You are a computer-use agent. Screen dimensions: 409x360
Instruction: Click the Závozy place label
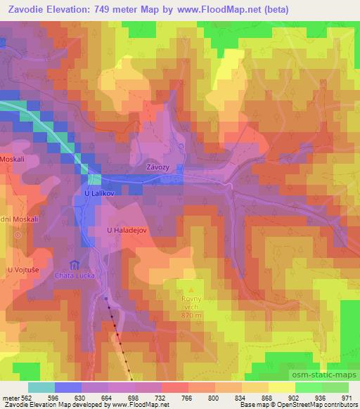point(157,168)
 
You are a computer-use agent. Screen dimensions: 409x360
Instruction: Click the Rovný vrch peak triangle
point(191,289)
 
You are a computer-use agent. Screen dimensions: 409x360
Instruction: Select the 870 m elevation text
point(191,316)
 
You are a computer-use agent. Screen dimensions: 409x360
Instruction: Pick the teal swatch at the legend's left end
point(41,387)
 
